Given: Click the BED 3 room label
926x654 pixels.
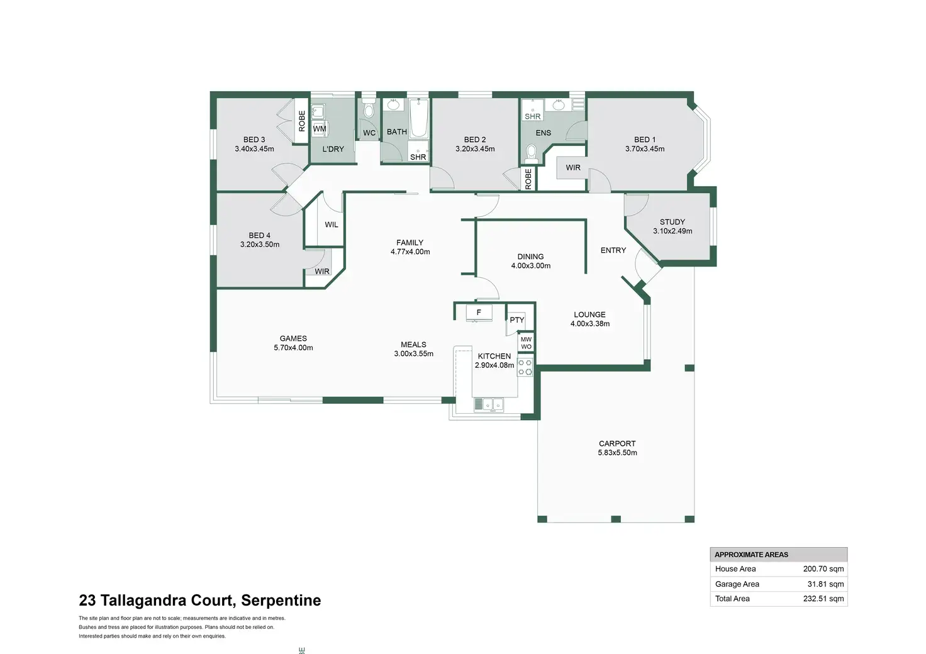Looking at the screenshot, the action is point(254,140).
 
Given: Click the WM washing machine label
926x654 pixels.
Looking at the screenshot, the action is point(320,129).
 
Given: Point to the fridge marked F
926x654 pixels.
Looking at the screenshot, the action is point(479,313).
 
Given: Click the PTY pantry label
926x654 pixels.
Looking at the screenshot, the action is point(516,320).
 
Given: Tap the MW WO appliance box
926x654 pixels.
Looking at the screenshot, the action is point(527,343).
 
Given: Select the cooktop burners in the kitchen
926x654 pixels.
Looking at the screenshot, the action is point(525,367).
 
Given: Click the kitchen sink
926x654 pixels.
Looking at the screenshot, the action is point(489,404).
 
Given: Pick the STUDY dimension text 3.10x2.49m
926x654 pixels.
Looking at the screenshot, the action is point(672,231).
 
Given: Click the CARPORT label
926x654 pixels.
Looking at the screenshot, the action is point(617,443).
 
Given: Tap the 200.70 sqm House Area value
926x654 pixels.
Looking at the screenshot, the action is point(823,569).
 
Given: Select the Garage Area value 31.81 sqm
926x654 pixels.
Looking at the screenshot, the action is point(825,584).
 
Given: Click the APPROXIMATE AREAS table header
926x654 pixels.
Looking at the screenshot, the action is point(751,555).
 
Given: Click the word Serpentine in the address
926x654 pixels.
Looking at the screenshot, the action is point(281,601).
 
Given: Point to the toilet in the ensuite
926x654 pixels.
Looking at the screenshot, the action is point(531,153).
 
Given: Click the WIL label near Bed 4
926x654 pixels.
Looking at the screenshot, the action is point(332,224).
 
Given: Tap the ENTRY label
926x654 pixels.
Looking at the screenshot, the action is point(613,250).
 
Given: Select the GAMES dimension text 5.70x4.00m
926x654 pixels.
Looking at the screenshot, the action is point(293,348).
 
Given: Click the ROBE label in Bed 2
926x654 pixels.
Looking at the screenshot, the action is point(528,179).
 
